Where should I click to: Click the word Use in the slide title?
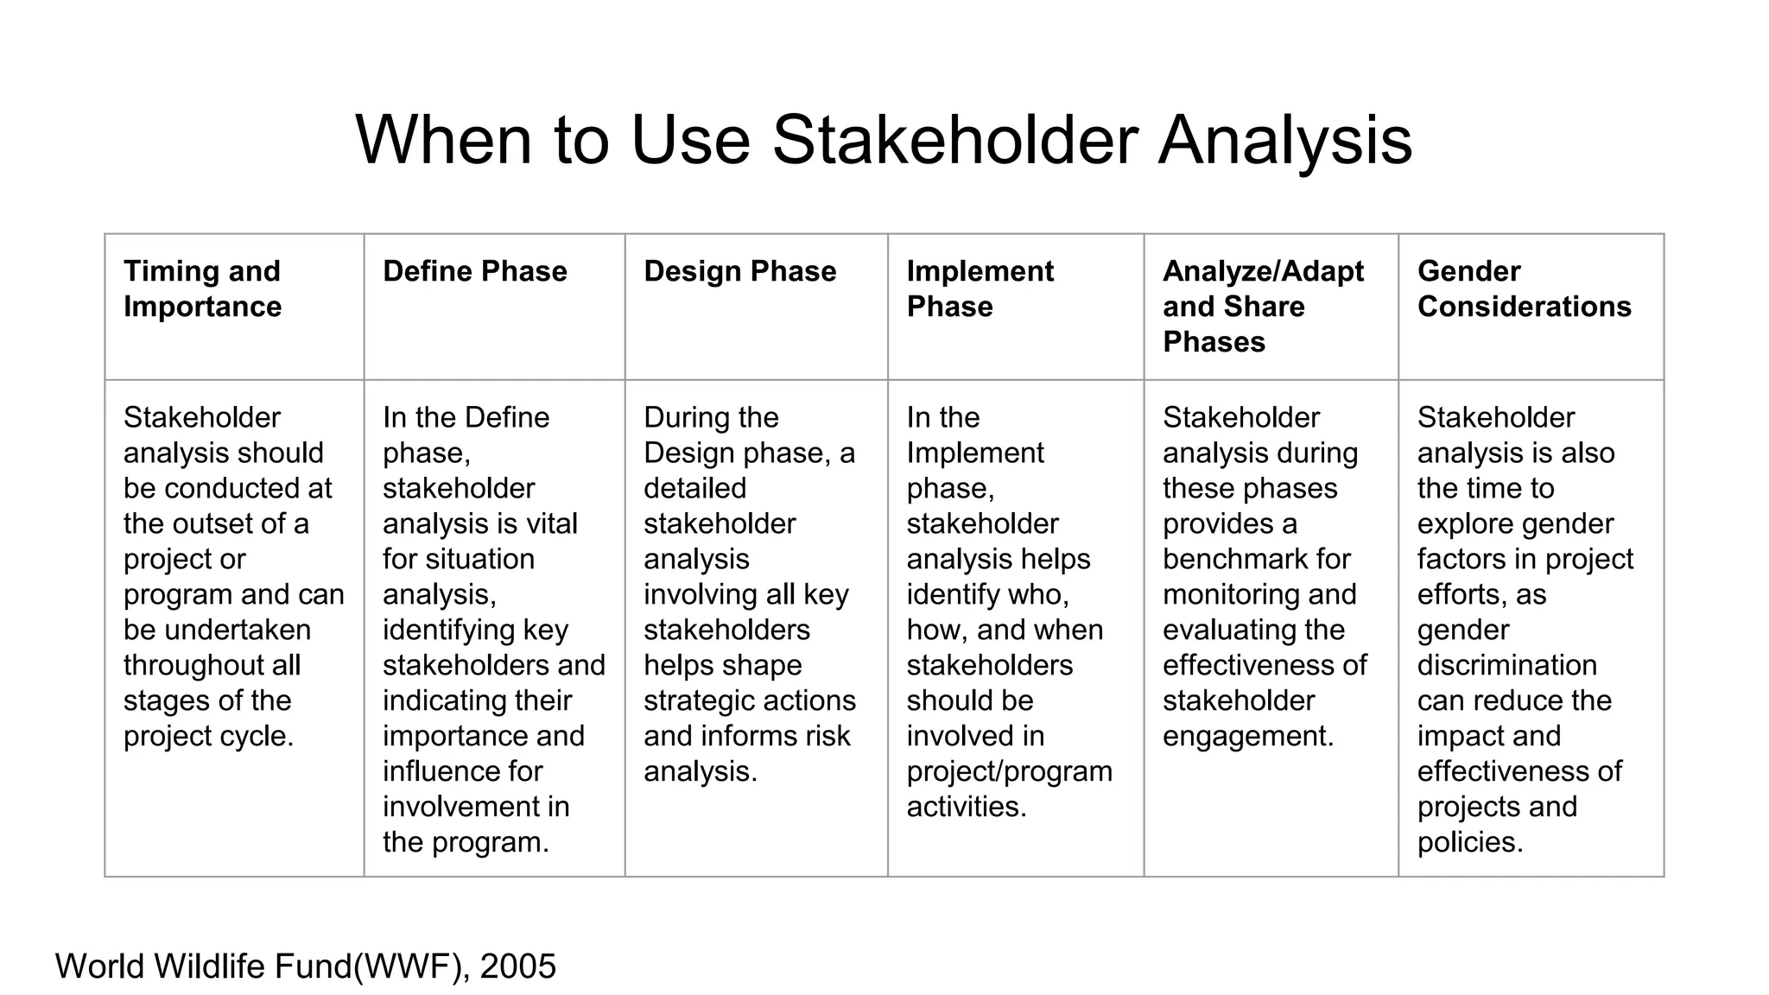coord(690,140)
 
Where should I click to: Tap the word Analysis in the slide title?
coord(1284,140)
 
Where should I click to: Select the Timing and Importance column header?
coord(202,288)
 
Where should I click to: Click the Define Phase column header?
coord(475,271)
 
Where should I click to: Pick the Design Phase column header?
coord(739,271)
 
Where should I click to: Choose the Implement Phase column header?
coord(980,288)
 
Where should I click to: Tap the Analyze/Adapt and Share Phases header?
coord(1262,306)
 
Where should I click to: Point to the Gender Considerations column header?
coord(1524,288)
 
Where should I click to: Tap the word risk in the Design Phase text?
coord(827,736)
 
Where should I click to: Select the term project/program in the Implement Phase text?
coord(1009,771)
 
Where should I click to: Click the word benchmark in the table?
coord(1227,559)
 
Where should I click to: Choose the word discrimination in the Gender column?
coord(1506,665)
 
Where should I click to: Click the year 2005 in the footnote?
coord(518,966)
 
